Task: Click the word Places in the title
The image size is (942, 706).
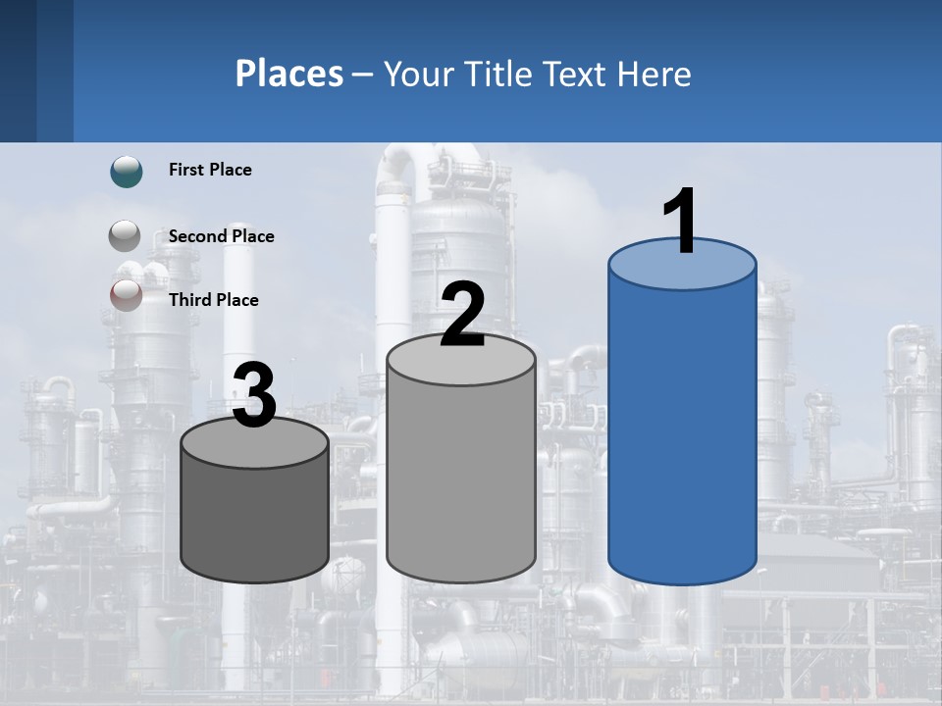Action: [x=289, y=74]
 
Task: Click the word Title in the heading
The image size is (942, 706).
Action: [x=497, y=74]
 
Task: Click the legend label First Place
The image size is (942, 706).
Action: [x=210, y=170]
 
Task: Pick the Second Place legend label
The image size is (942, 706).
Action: [x=221, y=236]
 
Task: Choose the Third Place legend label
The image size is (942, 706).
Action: [x=213, y=300]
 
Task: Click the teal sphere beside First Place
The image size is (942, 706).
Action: [x=127, y=172]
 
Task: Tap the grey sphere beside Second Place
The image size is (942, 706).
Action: [x=125, y=236]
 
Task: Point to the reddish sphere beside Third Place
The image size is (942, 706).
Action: [x=126, y=294]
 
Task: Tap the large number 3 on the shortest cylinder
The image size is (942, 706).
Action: [x=255, y=396]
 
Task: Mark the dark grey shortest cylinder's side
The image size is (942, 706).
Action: [x=255, y=520]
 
